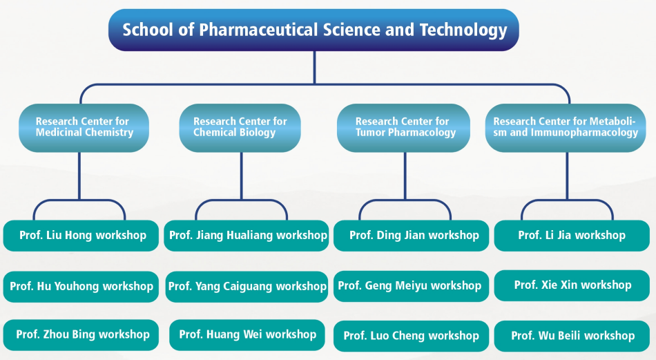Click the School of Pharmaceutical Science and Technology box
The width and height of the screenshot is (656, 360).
tap(313, 30)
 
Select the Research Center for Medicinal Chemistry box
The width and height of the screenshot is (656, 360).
tap(84, 128)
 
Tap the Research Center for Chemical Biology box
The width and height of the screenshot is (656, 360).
tap(240, 128)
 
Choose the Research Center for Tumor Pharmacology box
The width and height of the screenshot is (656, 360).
tap(403, 128)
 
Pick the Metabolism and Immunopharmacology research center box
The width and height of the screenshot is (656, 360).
tap(566, 128)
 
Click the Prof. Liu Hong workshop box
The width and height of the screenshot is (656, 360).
tap(81, 236)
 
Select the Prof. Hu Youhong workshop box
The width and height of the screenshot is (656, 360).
tap(81, 287)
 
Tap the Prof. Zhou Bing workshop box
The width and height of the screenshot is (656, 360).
tap(81, 335)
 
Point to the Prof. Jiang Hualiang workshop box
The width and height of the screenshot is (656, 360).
tap(247, 236)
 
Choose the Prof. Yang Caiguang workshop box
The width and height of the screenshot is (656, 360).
tap(247, 287)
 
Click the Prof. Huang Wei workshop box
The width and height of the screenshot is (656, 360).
tap(247, 335)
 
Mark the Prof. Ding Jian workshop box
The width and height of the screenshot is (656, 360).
tap(412, 236)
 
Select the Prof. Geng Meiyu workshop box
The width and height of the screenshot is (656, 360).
tap(412, 286)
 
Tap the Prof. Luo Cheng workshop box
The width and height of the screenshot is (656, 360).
tap(412, 336)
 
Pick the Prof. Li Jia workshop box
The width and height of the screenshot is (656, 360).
tap(572, 236)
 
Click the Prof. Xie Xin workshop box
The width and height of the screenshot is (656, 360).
tap(572, 285)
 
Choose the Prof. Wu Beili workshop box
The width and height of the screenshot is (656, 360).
tap(572, 336)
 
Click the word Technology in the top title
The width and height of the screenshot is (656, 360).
tap(463, 30)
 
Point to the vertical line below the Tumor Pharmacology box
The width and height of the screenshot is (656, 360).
tap(405, 176)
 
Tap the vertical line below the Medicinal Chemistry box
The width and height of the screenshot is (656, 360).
tap(79, 176)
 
